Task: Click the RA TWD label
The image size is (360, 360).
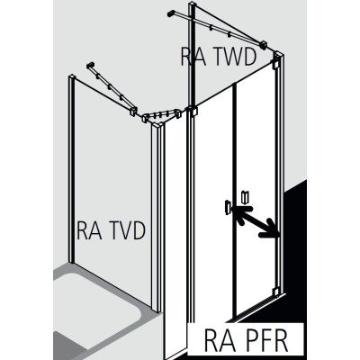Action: click(x=219, y=57)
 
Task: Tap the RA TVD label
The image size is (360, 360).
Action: click(x=111, y=230)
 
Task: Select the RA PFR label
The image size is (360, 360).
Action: click(x=246, y=341)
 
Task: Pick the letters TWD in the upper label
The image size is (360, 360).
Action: click(x=233, y=57)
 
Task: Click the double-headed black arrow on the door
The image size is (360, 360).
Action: click(x=256, y=221)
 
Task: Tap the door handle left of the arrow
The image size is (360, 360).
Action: click(x=227, y=207)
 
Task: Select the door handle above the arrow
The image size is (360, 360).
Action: click(x=245, y=196)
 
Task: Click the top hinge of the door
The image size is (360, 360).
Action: click(x=275, y=65)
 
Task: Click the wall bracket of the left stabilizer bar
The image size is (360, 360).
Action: click(x=91, y=66)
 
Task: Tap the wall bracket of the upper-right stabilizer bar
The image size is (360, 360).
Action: click(x=171, y=13)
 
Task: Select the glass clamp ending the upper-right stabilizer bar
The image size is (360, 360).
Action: click(x=265, y=45)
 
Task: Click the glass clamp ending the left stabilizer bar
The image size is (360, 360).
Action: click(x=132, y=112)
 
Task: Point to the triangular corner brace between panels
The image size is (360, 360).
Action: click(x=161, y=117)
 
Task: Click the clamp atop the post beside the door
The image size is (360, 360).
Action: click(x=193, y=111)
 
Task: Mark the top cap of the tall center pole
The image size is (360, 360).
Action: click(x=193, y=5)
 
